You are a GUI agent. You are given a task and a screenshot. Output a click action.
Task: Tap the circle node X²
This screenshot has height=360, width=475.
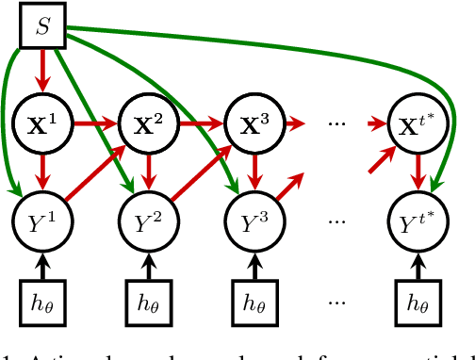click(146, 123)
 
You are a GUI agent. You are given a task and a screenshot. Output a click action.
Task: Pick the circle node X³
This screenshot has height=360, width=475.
click(252, 123)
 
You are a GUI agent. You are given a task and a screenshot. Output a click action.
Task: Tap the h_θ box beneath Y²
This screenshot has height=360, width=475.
click(146, 303)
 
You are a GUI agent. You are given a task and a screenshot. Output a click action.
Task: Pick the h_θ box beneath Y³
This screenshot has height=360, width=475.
click(252, 303)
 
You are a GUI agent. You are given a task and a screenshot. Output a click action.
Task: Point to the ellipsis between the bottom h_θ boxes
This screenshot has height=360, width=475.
click(336, 304)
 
